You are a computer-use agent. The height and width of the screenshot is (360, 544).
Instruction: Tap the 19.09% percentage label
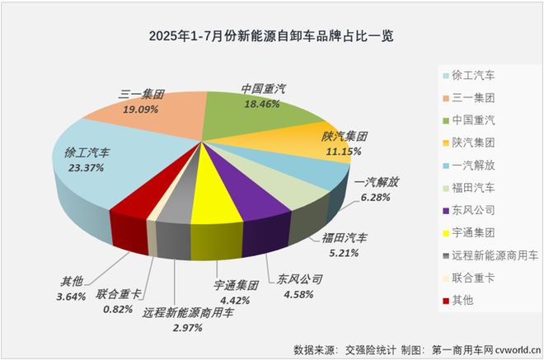[x=142, y=107]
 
